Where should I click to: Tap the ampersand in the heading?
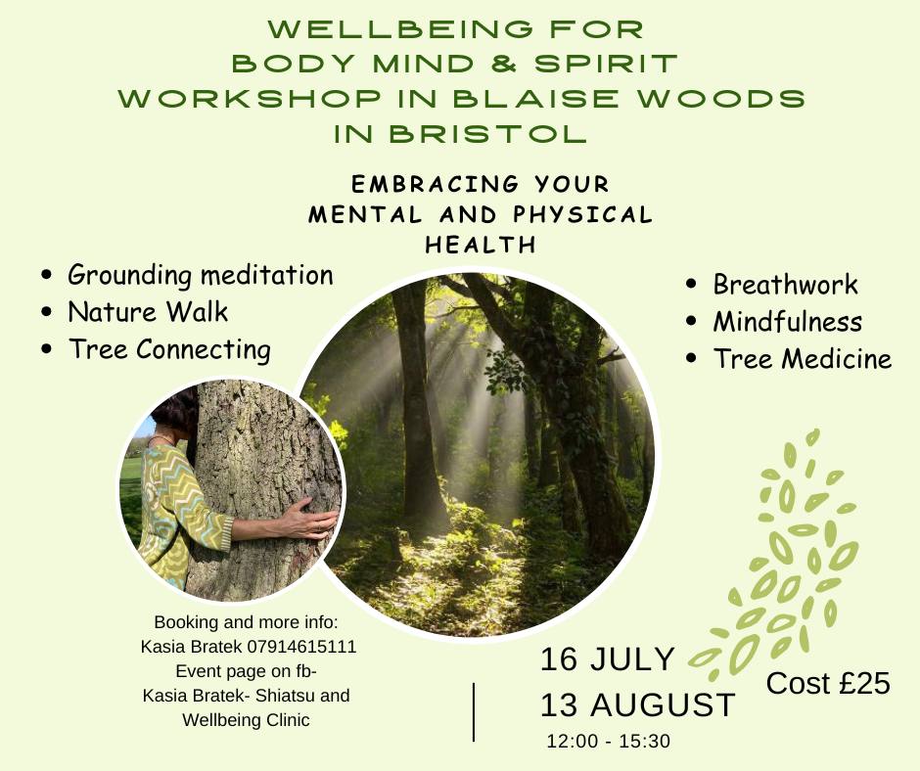click(x=504, y=64)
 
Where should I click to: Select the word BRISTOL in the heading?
click(x=487, y=134)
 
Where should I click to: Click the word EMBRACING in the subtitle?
click(x=436, y=184)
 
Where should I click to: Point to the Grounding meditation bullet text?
click(x=200, y=275)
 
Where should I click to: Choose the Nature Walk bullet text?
click(x=148, y=311)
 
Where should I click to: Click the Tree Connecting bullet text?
click(x=169, y=349)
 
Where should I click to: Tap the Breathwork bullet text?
click(x=785, y=285)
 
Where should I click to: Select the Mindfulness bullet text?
click(x=788, y=322)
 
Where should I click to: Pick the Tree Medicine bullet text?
click(x=803, y=358)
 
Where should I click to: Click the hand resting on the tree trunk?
click(x=308, y=519)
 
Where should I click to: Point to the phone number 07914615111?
click(x=301, y=647)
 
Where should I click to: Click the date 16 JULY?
click(x=607, y=658)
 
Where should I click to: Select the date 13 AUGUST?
click(x=637, y=704)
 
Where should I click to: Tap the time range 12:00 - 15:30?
click(x=608, y=741)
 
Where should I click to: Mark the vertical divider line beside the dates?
click(x=474, y=711)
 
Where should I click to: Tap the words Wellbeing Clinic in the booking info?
click(x=246, y=720)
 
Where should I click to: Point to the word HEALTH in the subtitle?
click(x=481, y=245)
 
